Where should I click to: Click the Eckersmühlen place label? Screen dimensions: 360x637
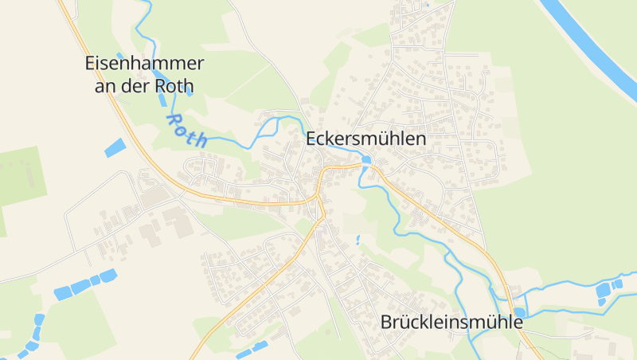(x=366, y=139)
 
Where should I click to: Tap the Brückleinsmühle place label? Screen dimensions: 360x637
(x=451, y=323)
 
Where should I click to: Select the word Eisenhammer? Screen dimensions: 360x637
(x=144, y=65)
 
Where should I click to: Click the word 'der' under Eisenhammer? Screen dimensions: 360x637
(x=135, y=86)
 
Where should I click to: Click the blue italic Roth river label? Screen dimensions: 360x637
(x=186, y=130)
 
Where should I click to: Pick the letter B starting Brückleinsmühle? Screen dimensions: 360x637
(x=386, y=323)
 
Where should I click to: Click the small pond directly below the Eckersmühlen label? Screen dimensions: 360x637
(x=365, y=160)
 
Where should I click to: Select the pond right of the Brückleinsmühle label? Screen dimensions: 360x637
(x=519, y=312)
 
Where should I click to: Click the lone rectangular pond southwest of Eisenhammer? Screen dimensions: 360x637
(x=115, y=147)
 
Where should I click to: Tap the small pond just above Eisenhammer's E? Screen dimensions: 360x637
(x=120, y=55)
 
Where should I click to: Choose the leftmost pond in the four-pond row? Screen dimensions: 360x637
(x=62, y=292)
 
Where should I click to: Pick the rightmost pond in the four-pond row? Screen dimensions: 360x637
(x=108, y=276)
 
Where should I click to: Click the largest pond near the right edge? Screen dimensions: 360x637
(x=603, y=292)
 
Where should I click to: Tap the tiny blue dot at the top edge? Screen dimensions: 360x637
(x=428, y=6)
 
